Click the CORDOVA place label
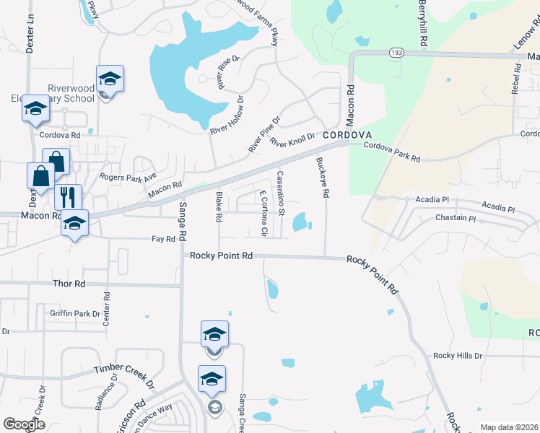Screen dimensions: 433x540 [347, 135]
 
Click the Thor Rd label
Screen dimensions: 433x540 [69, 284]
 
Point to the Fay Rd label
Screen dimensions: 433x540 [163, 239]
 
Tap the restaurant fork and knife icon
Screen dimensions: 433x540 [68, 196]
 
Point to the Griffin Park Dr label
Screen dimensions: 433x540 [75, 313]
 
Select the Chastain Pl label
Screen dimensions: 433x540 [456, 218]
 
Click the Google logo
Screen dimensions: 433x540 [25, 424]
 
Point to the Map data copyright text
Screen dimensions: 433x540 [510, 427]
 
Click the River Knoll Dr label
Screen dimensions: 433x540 [292, 140]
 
